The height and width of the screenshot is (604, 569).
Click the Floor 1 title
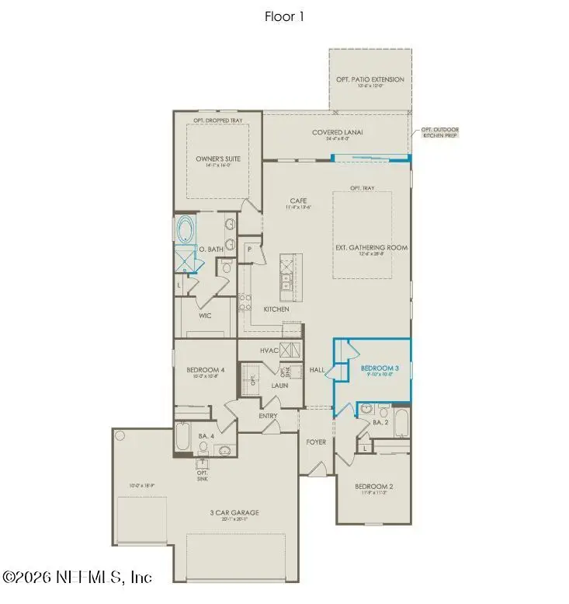[284, 16]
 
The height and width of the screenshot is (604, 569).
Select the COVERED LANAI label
[338, 133]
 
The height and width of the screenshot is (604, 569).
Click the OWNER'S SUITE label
[218, 159]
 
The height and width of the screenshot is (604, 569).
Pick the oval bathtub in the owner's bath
[186, 229]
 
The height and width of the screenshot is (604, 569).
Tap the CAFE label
[299, 201]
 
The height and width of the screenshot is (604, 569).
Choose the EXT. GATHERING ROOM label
[371, 248]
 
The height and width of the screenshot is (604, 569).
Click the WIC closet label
[206, 316]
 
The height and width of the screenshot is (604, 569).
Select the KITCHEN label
[276, 309]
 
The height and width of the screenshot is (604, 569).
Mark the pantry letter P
[250, 249]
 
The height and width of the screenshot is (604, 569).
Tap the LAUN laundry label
[279, 385]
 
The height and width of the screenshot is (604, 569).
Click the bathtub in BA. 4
[183, 437]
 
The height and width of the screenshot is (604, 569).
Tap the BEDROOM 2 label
[374, 487]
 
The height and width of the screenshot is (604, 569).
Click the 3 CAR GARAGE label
[234, 512]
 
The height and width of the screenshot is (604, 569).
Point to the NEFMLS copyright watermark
[77, 577]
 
